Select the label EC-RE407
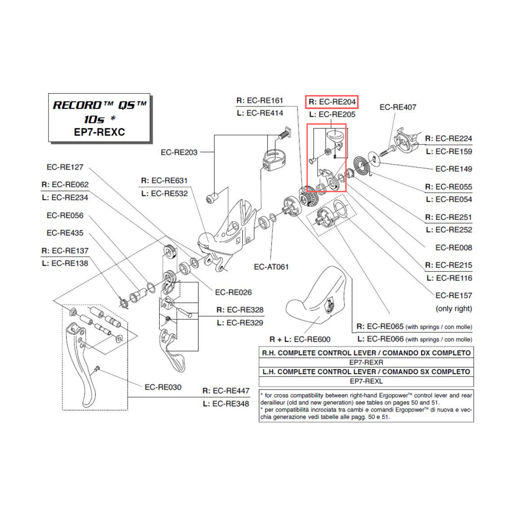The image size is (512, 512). pyautogui.click(x=398, y=108)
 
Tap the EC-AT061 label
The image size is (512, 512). pyautogui.click(x=271, y=267)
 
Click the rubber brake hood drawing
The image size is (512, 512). pyautogui.click(x=317, y=297)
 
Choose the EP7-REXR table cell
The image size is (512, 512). pyautogui.click(x=366, y=362)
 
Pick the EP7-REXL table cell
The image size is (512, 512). pyautogui.click(x=366, y=381)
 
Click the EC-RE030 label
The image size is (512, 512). pyautogui.click(x=163, y=387)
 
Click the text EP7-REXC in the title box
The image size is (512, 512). pyautogui.click(x=100, y=132)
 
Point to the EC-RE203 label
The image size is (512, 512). pyautogui.click(x=179, y=152)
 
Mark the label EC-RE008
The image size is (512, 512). pyautogui.click(x=454, y=248)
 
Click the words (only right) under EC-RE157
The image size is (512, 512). pyautogui.click(x=454, y=309)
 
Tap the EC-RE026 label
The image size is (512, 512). pyautogui.click(x=233, y=293)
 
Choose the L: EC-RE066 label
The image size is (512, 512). pyautogui.click(x=414, y=339)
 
